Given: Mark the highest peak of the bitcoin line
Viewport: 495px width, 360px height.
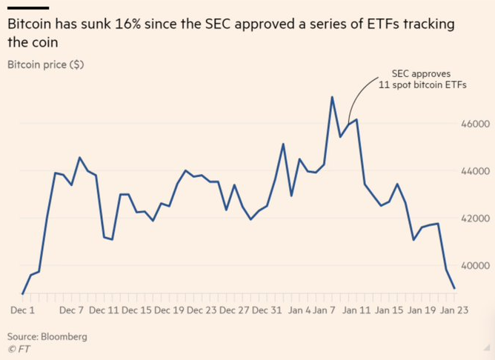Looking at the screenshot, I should (332, 97).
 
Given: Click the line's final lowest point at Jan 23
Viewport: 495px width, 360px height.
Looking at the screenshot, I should (454, 288).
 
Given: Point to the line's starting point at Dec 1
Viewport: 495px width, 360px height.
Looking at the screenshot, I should (22, 294).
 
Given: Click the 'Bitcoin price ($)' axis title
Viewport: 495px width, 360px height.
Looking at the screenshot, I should (45, 64).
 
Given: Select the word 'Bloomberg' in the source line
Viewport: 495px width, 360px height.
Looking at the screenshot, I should (64, 336).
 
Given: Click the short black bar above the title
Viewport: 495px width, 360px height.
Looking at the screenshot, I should (22, 9).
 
